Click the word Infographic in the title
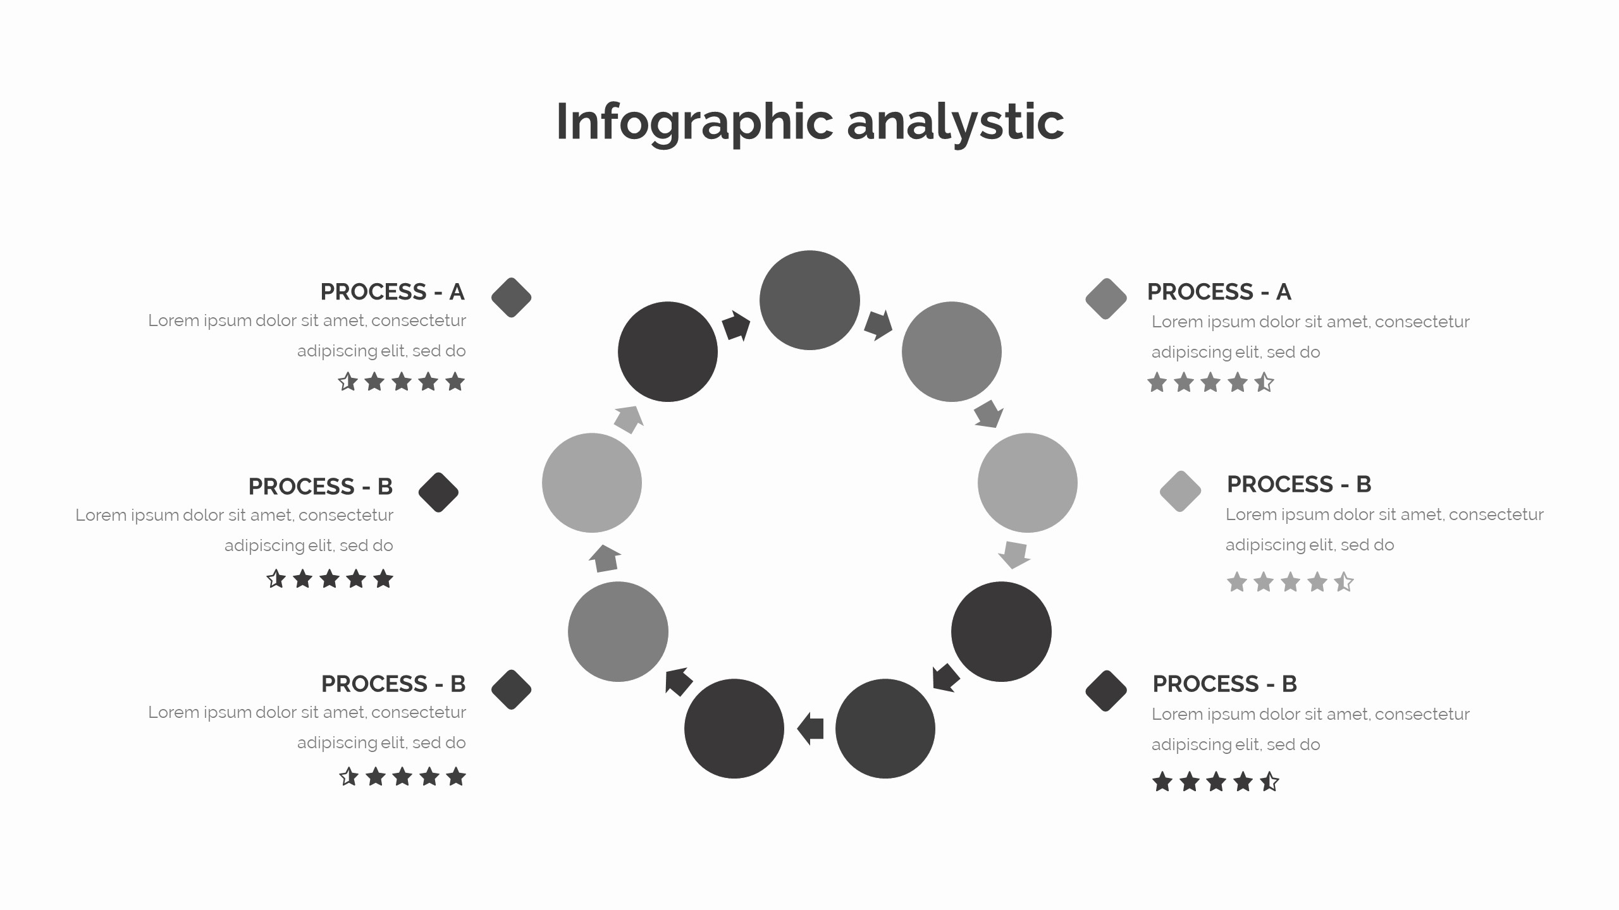coord(694,122)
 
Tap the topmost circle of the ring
coord(809,300)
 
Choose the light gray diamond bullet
coord(1180,491)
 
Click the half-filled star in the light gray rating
coord(1344,582)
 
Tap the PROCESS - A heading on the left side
coord(392,292)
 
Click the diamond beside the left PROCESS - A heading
coord(511,298)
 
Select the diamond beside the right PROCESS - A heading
coord(1105,298)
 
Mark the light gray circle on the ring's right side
coord(1027,483)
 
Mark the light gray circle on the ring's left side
coord(592,483)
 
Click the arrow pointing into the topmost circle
coord(736,326)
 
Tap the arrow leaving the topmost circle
coord(878,325)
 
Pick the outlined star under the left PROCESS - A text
coord(348,382)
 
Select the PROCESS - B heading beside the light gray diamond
coord(1298,485)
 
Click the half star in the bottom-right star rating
coord(1269,782)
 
